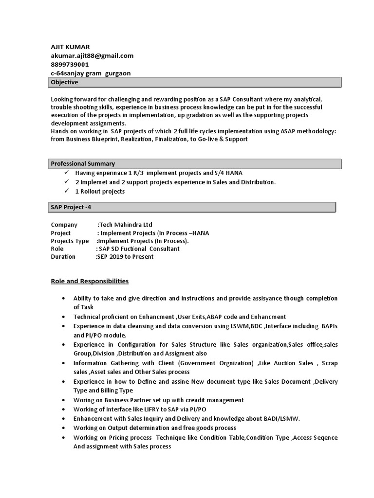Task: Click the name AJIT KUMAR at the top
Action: [x=71, y=47]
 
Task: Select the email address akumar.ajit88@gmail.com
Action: [x=92, y=55]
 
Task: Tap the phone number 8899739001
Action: [x=70, y=64]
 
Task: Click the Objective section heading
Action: [x=64, y=82]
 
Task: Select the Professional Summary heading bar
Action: [x=83, y=163]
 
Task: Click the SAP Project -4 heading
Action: [x=71, y=207]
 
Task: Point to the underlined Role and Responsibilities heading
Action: [x=90, y=281]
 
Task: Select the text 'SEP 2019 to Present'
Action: [x=126, y=256]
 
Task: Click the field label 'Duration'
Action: [x=63, y=256]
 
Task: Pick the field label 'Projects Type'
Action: [x=70, y=241]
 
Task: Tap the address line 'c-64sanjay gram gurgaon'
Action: [x=91, y=73]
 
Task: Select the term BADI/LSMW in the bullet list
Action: [x=282, y=418]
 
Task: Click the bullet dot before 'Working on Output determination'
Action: [x=63, y=428]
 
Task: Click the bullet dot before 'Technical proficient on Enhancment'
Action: [x=63, y=317]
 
